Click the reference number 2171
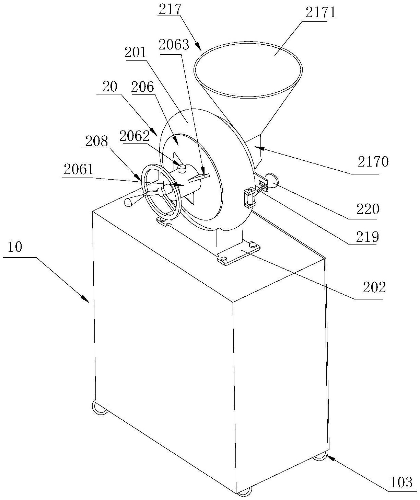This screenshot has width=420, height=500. (320, 12)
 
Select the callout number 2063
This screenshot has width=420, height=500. (174, 45)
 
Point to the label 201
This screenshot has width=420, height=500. (136, 52)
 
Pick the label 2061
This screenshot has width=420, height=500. (79, 170)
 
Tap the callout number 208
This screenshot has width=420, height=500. (97, 141)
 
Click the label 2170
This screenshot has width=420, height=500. (373, 162)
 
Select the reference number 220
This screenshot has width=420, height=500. (368, 209)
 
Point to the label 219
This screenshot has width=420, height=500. (367, 237)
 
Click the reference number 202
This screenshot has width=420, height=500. (374, 287)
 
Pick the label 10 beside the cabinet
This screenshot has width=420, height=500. (15, 247)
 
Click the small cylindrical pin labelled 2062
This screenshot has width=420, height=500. (182, 168)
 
